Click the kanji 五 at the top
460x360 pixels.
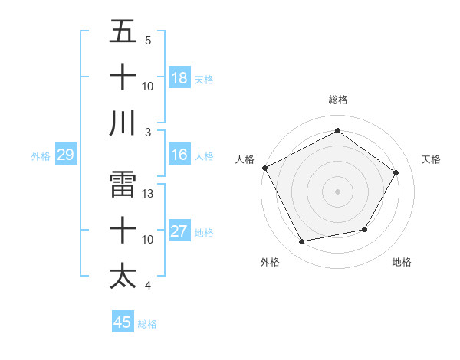coord(123,33)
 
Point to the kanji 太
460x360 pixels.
coord(123,275)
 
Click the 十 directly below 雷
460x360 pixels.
coord(123,230)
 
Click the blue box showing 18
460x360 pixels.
coord(179,77)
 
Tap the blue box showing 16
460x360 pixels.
coord(179,155)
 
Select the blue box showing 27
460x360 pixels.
coord(179,232)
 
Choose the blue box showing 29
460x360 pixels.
coord(65,155)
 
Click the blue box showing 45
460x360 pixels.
coord(123,322)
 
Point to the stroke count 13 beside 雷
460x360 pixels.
coord(149,194)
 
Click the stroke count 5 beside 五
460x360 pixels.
coord(148,40)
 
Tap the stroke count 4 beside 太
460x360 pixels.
coord(148,286)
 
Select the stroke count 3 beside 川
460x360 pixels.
coord(148,132)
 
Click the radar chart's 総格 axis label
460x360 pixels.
coord(337,100)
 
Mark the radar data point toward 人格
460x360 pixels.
coord(265,168)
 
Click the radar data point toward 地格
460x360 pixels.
coord(365,229)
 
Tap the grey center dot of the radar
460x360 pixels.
coord(337,191)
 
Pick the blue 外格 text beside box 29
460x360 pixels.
coord(41,156)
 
